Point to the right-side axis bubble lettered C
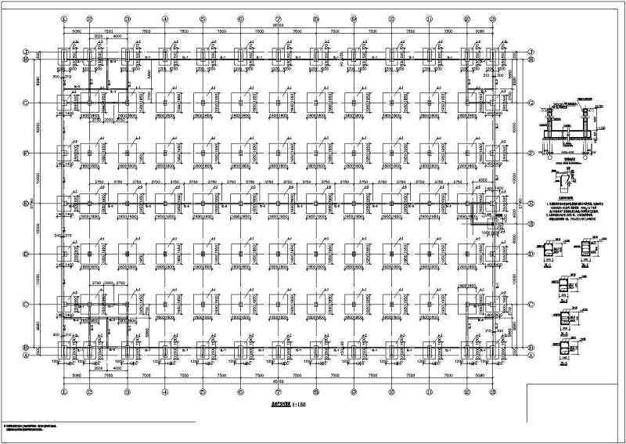[x=531, y=305]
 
